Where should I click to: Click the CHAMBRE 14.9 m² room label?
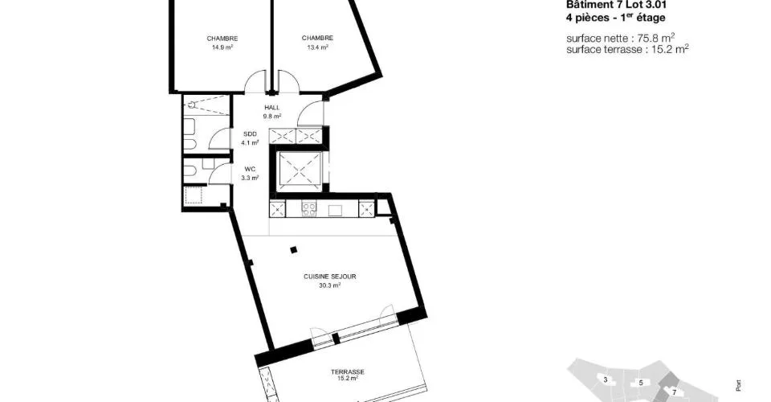coord(222,43)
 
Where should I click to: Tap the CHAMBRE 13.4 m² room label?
coord(318,43)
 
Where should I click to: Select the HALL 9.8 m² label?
coord(272,112)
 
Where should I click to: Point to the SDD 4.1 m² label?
coord(250,138)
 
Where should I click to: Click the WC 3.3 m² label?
coord(250,174)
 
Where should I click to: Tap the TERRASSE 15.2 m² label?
coord(348,375)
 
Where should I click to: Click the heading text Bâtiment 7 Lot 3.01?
coord(617,6)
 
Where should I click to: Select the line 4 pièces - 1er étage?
coord(616,18)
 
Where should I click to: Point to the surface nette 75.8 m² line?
coord(621,38)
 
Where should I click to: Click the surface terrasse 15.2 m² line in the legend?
coord(627,49)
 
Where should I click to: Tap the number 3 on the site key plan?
coord(606,379)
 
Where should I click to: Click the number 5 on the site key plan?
coord(641,383)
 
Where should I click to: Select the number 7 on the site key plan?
coord(674,392)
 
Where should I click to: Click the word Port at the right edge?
coord(739,386)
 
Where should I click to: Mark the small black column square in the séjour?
coord(294,249)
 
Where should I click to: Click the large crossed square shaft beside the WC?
coord(299,170)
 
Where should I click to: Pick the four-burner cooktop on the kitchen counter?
coord(308,209)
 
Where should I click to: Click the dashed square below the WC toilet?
coord(194,196)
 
